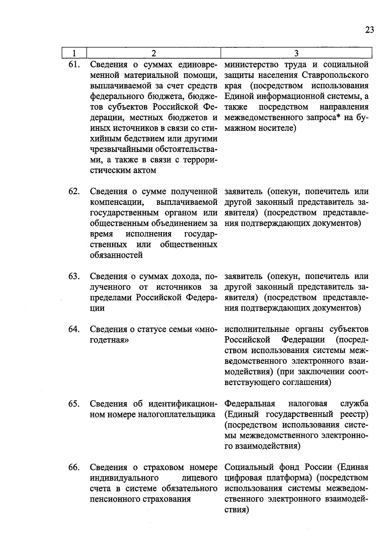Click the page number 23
370,30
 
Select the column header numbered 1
74,53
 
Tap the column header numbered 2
153,53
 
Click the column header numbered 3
296,53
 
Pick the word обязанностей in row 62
116,255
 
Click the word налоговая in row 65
307,404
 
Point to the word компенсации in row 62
117,202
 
